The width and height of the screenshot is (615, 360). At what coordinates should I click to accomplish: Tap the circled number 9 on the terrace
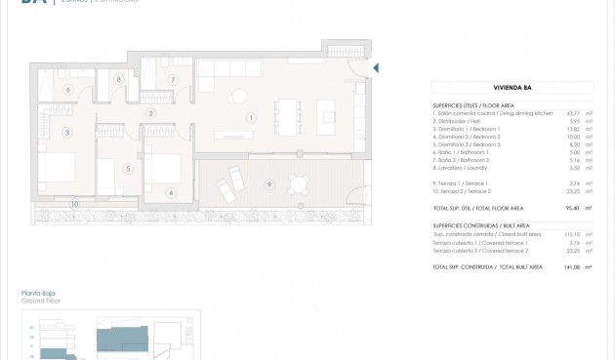pos(269,183)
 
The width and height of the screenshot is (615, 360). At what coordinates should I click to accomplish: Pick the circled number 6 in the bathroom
pos(68,90)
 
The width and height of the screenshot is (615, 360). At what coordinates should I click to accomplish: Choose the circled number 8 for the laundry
pos(118,80)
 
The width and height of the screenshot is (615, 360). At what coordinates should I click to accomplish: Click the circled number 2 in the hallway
pos(151,113)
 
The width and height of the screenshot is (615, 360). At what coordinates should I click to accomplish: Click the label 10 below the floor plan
pos(74,204)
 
